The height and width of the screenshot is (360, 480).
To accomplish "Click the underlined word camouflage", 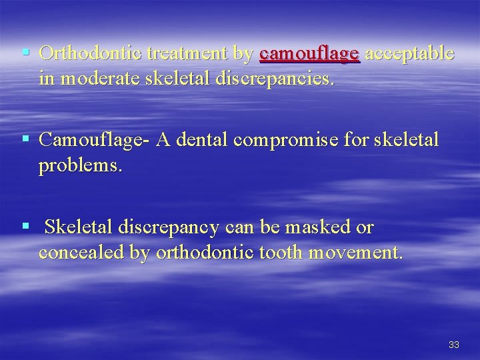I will coord(310,55).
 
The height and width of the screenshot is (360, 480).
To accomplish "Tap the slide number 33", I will coord(454,345).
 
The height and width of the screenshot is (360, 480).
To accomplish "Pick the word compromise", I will coord(308,140).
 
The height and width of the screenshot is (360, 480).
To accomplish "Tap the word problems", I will coord(81,165).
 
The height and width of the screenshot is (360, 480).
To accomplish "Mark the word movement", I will coord(353,253).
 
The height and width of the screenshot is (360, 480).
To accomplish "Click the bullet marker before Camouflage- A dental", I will coord(25,139).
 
